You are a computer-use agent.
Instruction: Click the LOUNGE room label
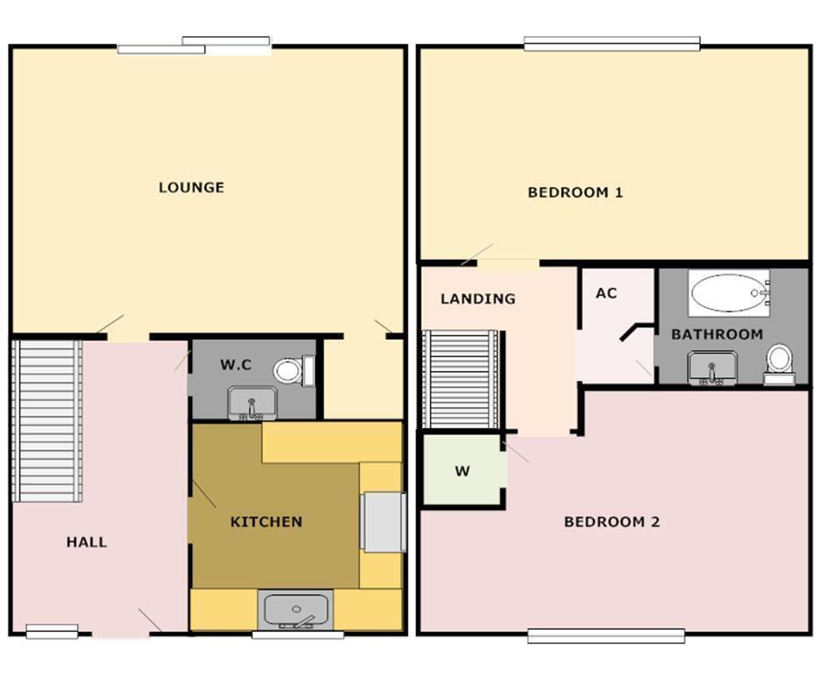click(191, 187)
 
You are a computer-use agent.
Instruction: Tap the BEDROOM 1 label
click(575, 192)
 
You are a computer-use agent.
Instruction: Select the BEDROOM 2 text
click(611, 522)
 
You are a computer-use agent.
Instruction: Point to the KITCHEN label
click(266, 522)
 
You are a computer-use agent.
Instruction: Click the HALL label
click(87, 542)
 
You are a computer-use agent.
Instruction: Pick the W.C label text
click(236, 365)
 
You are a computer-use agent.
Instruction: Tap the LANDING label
click(478, 299)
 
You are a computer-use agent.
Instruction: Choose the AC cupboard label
click(606, 293)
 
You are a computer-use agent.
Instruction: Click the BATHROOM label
click(717, 334)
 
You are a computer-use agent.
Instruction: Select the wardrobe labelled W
click(462, 471)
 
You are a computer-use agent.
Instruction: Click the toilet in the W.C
click(292, 370)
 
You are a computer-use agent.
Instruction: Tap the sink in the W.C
click(252, 403)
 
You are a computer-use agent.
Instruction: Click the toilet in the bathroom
click(779, 363)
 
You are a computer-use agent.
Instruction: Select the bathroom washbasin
click(712, 368)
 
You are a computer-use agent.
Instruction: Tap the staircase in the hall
click(48, 421)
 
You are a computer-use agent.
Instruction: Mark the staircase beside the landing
click(460, 379)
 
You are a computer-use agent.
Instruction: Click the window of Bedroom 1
click(611, 43)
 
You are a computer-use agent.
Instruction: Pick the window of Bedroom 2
click(606, 635)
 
